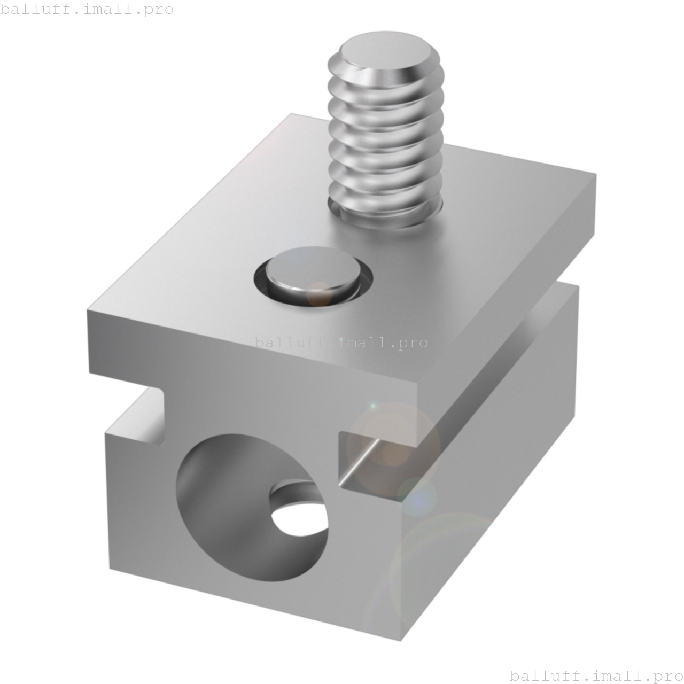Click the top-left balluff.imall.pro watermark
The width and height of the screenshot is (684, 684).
point(87,10)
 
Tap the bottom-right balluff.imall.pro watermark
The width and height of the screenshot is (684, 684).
point(596,675)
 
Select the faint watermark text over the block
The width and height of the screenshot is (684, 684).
point(341,342)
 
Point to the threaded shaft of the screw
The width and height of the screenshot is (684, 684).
point(385,144)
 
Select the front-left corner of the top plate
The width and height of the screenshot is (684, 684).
point(89,313)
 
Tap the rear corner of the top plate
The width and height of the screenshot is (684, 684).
point(291,113)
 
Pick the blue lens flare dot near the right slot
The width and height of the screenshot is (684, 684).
point(420,497)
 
